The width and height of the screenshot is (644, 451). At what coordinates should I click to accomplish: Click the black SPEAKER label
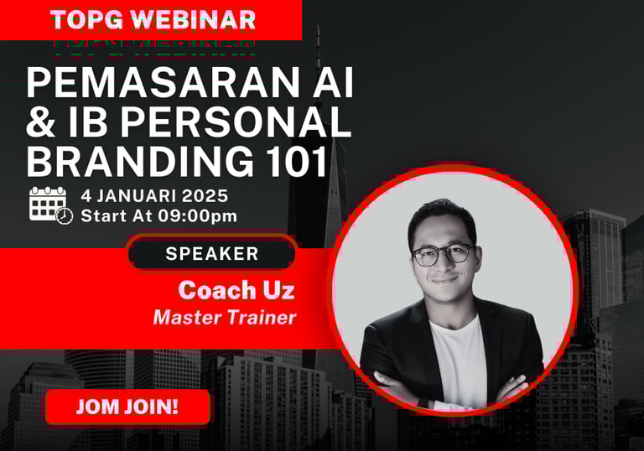(x=212, y=253)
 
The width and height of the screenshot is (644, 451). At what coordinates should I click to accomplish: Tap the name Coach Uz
(x=236, y=290)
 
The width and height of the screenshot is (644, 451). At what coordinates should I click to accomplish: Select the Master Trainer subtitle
(x=225, y=318)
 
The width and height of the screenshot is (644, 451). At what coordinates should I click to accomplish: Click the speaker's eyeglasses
(x=444, y=254)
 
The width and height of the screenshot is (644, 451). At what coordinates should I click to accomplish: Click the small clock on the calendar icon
(x=65, y=215)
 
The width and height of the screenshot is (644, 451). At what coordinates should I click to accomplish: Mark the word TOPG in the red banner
(x=86, y=20)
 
